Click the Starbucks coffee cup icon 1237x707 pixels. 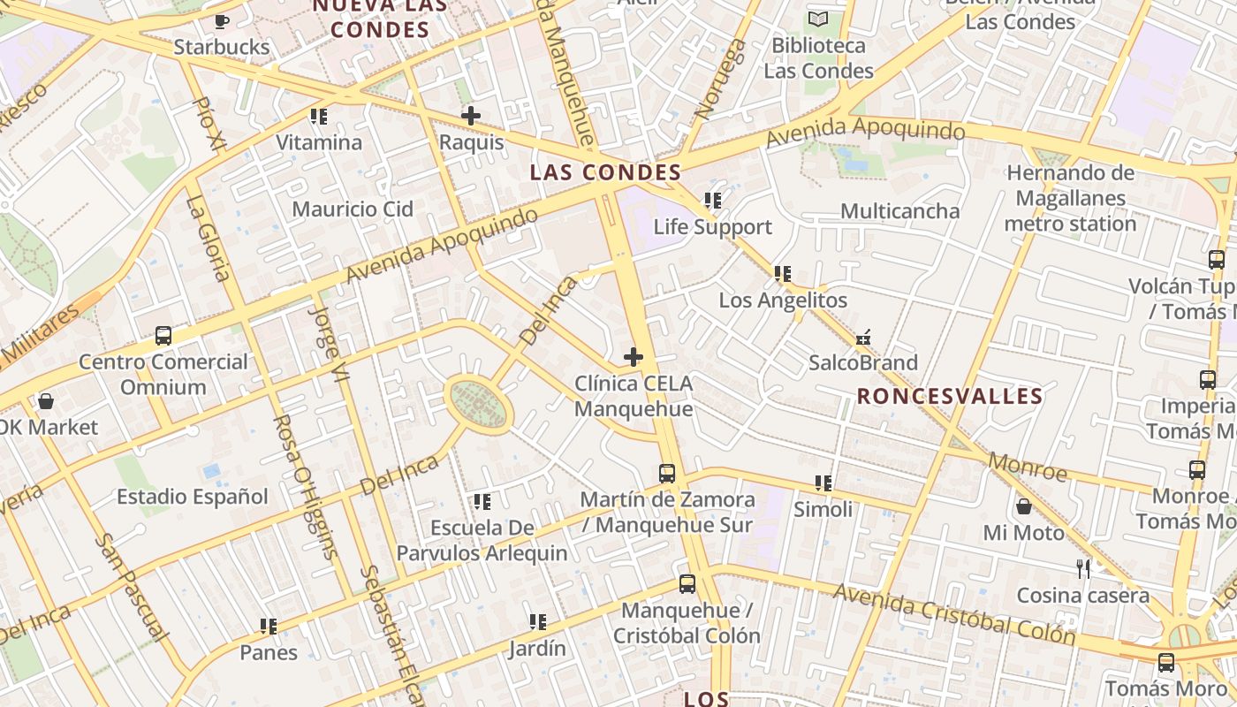tap(221, 20)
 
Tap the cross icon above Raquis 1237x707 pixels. tap(471, 116)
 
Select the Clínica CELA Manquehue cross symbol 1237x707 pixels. tap(634, 357)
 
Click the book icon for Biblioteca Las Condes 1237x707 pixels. tap(819, 19)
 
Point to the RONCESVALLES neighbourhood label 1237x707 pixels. tap(950, 396)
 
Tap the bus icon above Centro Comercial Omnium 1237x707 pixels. tap(163, 336)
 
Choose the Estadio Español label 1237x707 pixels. tap(192, 497)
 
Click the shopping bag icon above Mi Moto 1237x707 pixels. tap(1023, 506)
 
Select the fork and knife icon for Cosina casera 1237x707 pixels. tap(1083, 568)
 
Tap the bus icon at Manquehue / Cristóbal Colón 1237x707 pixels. tap(687, 584)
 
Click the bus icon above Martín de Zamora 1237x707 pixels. tap(667, 474)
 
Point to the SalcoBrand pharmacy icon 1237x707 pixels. tap(863, 337)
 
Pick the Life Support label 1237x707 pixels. tap(712, 227)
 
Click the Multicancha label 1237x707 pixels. tap(899, 211)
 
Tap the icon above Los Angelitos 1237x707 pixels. tap(782, 274)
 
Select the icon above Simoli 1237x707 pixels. tap(823, 483)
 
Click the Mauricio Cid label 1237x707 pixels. tap(353, 209)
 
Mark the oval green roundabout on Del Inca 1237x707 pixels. tap(479, 405)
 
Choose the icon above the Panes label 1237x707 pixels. tap(269, 627)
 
